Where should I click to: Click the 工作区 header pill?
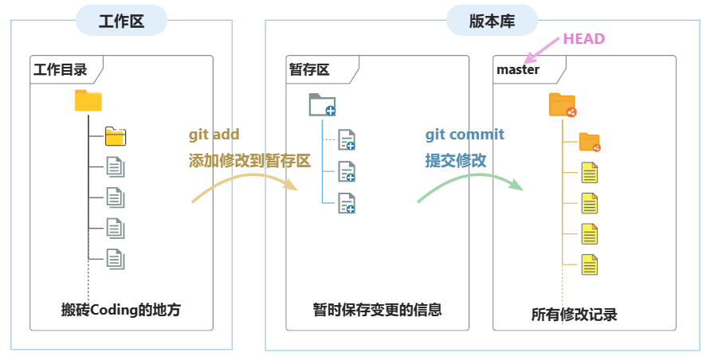121,20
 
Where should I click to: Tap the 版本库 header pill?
492,20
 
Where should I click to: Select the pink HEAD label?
584,38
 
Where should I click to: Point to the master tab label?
518,69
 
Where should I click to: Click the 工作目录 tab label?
60,69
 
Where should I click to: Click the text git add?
214,134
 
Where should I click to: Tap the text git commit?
465,134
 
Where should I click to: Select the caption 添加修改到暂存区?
249,160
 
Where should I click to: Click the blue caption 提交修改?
456,160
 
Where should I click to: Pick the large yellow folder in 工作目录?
88,101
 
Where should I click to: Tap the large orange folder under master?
562,104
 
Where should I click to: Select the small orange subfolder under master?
589,143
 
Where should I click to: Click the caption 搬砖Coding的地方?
121,310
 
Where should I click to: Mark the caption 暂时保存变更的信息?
377,309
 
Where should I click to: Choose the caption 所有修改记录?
574,315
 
